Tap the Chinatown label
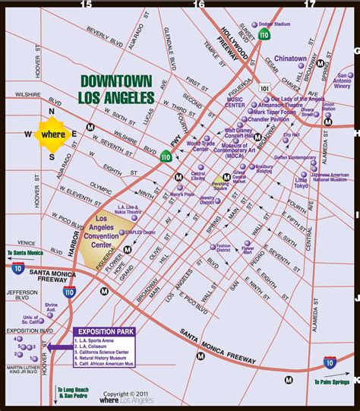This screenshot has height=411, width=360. coord(291,58)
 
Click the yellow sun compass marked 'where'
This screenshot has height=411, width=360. coord(52,134)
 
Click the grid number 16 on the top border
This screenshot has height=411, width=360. coord(199,5)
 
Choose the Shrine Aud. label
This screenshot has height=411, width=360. coord(51,310)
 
